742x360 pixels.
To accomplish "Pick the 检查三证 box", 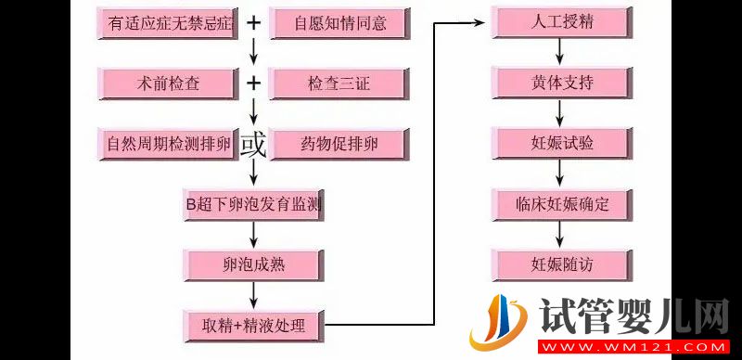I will [x=339, y=84].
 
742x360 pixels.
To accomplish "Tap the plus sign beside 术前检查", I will [x=253, y=84].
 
